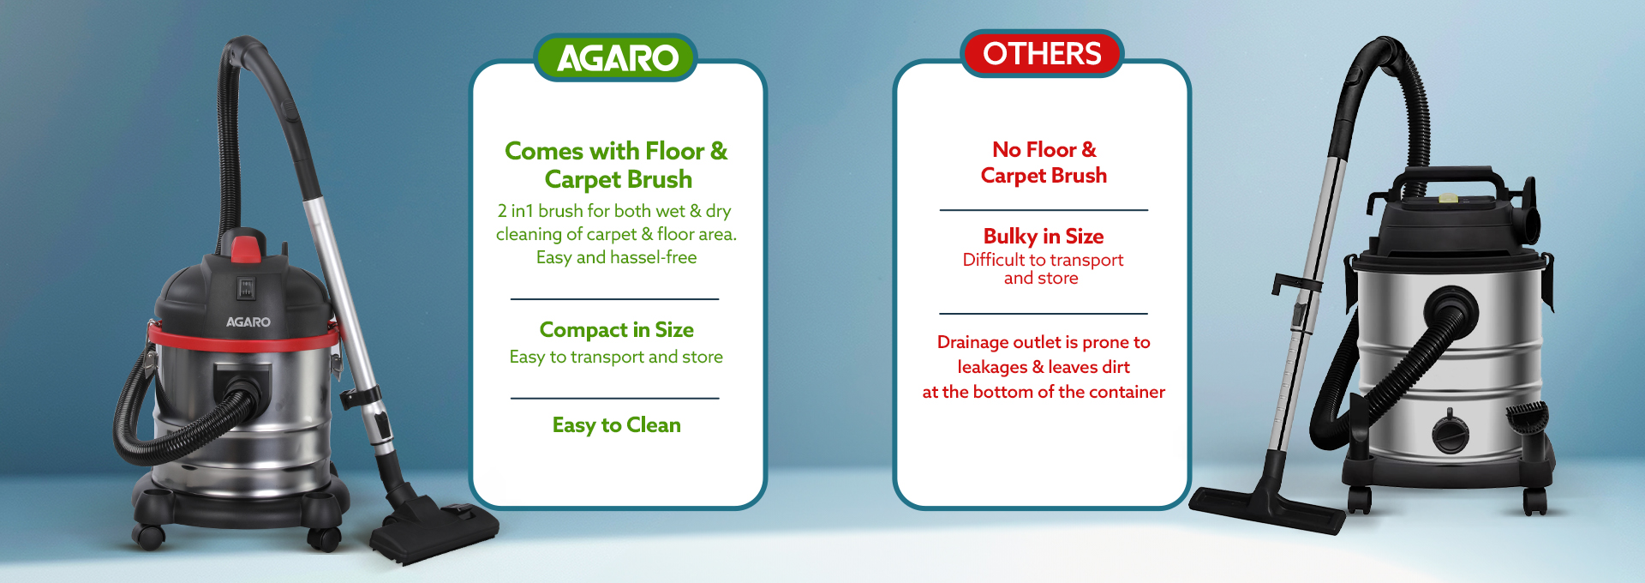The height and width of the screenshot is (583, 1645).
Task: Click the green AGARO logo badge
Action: pos(616,57)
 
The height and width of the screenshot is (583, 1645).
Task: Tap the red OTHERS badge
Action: pos(1042,53)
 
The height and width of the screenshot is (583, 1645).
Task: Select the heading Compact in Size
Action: pos(617,330)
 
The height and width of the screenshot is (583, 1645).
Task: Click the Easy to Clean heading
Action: pos(617,425)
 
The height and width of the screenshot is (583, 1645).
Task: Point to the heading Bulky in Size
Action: pos(1044,236)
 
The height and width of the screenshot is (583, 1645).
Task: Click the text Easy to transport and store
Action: pos(616,357)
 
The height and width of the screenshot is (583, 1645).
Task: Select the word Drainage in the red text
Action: pos(973,342)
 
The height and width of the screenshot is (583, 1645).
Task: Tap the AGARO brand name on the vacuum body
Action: pos(248,322)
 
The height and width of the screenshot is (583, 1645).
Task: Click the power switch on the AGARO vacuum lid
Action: pos(247,288)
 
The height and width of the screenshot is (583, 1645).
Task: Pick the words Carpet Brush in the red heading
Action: pos(1044,176)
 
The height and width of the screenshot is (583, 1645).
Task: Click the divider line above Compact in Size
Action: pos(614,299)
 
